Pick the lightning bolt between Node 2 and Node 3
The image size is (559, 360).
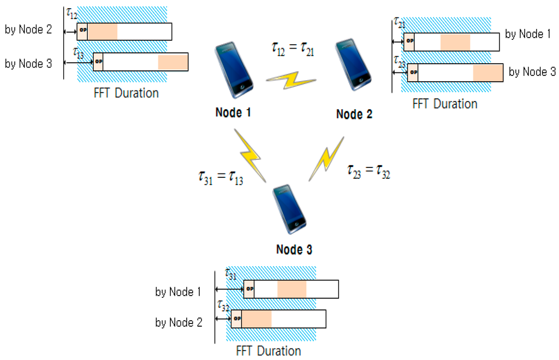(x=326, y=158)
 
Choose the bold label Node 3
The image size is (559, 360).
(x=294, y=250)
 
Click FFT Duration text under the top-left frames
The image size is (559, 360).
(x=126, y=93)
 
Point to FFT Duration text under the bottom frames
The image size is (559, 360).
(x=269, y=351)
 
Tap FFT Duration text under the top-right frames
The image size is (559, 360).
(x=445, y=104)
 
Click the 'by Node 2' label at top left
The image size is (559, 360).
(x=28, y=30)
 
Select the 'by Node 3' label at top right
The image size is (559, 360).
(x=532, y=71)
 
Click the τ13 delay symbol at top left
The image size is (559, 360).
(x=79, y=52)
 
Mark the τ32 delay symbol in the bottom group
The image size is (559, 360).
(x=223, y=305)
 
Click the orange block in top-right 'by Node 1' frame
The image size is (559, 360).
(x=455, y=41)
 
